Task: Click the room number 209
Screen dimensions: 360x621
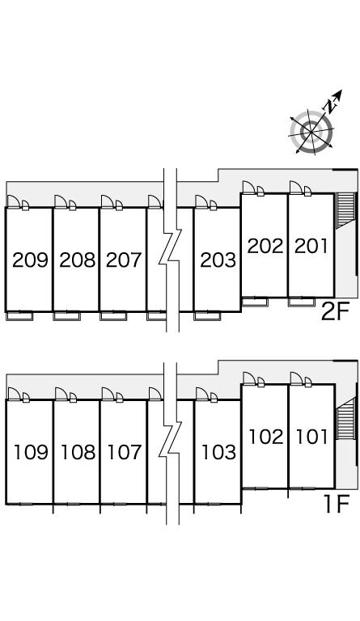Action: click(30, 260)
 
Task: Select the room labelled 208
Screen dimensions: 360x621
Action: click(77, 260)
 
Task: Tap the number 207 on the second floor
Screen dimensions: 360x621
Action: click(124, 260)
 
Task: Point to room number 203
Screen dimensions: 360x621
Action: click(218, 260)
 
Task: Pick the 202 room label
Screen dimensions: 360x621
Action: click(265, 246)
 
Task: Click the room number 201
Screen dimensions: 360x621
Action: click(311, 246)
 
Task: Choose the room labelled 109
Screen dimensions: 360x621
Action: click(31, 452)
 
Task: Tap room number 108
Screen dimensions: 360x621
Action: click(78, 452)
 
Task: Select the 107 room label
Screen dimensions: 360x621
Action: click(125, 452)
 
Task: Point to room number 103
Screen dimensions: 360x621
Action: click(218, 452)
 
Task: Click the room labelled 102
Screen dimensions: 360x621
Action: click(266, 437)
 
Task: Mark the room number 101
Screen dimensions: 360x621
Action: click(312, 437)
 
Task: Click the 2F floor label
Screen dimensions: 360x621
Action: click(334, 312)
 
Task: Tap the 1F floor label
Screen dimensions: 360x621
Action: click(337, 505)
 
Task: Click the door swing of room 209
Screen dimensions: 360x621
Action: click(14, 201)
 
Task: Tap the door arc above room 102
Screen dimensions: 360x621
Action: click(248, 378)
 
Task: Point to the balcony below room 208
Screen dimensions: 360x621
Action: click(66, 316)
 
